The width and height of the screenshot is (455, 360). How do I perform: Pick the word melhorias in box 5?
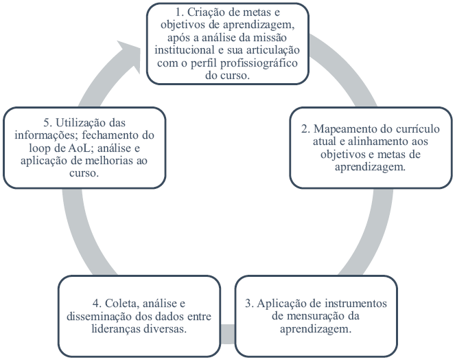point(118,161)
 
